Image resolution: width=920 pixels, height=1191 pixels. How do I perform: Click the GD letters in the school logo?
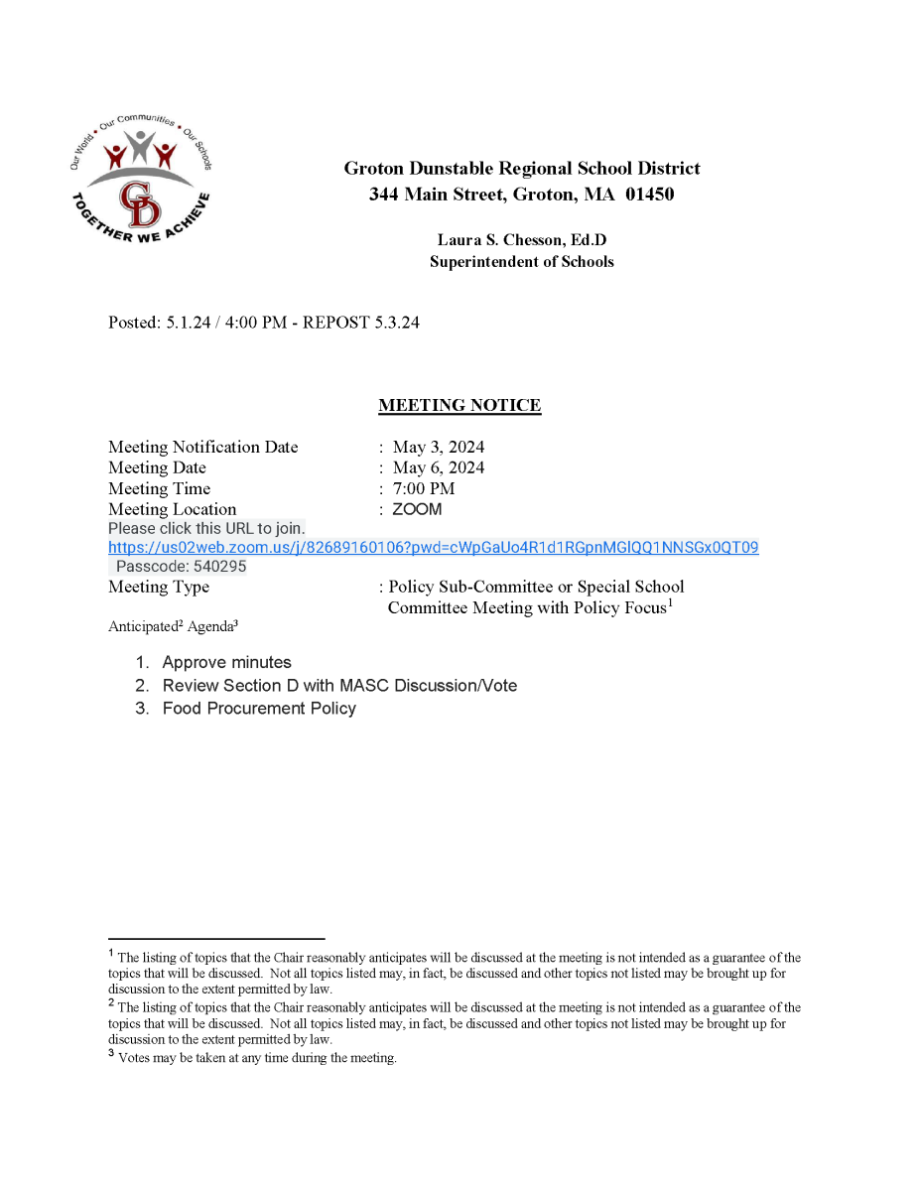140,204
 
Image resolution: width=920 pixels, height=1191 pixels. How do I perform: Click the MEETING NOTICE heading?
460,405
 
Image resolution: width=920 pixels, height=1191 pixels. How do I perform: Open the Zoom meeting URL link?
434,548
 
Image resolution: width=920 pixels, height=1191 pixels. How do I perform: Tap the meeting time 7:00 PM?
424,488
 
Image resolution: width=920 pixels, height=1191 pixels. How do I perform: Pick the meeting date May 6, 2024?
439,467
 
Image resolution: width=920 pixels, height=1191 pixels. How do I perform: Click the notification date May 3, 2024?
439,447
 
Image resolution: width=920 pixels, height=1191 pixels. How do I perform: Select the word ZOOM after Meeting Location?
417,509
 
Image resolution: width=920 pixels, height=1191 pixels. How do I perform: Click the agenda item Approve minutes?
226,662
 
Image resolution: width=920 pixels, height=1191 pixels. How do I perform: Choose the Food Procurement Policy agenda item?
259,708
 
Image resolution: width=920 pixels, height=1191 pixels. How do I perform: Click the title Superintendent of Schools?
521,262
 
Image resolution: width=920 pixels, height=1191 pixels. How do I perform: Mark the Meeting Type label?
159,587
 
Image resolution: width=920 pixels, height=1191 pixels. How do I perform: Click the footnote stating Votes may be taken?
256,1058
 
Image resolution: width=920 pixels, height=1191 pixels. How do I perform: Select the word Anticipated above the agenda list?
143,626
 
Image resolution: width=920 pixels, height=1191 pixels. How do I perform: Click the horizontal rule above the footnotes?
216,938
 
